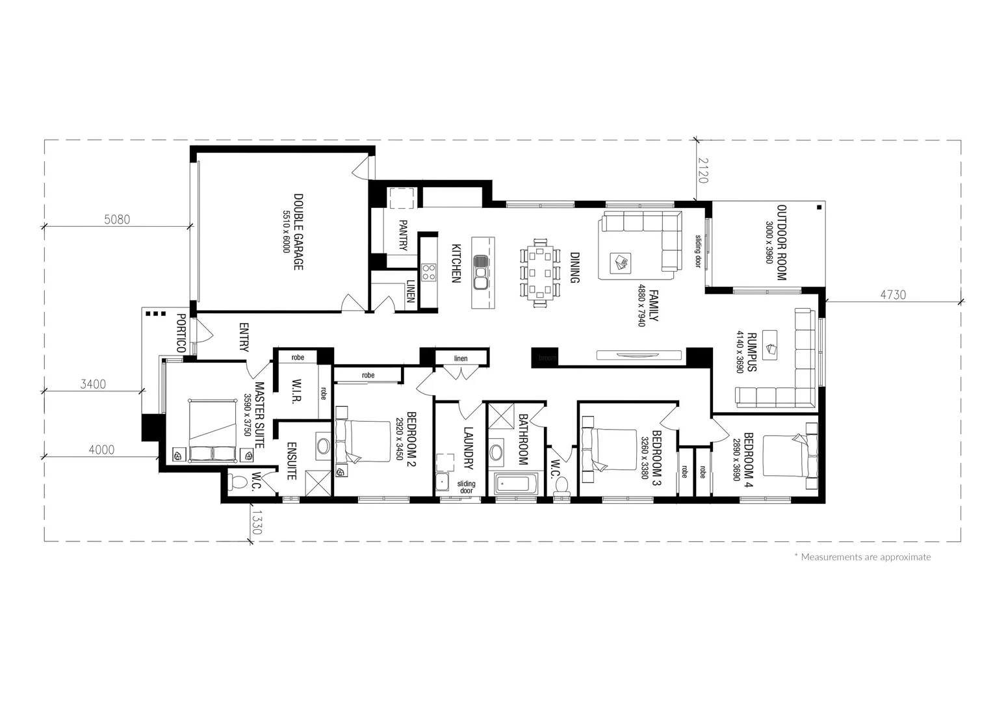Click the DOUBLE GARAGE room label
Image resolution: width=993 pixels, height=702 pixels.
click(x=298, y=231)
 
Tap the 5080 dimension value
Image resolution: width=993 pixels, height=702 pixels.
click(x=117, y=220)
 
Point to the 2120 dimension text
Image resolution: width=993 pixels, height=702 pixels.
click(x=703, y=170)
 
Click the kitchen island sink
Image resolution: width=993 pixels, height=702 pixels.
click(x=481, y=272)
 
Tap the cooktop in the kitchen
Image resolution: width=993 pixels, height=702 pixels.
click(x=428, y=272)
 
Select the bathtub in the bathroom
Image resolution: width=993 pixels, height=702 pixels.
click(x=517, y=484)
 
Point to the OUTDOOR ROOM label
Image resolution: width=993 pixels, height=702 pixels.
click(x=781, y=242)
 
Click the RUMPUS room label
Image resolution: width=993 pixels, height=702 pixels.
click(x=751, y=352)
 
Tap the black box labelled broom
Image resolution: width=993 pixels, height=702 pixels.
click(x=545, y=357)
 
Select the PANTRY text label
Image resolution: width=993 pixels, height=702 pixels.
click(x=403, y=235)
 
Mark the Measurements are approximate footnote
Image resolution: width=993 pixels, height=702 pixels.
click(x=862, y=557)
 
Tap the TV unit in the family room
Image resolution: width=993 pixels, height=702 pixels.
click(x=639, y=355)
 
